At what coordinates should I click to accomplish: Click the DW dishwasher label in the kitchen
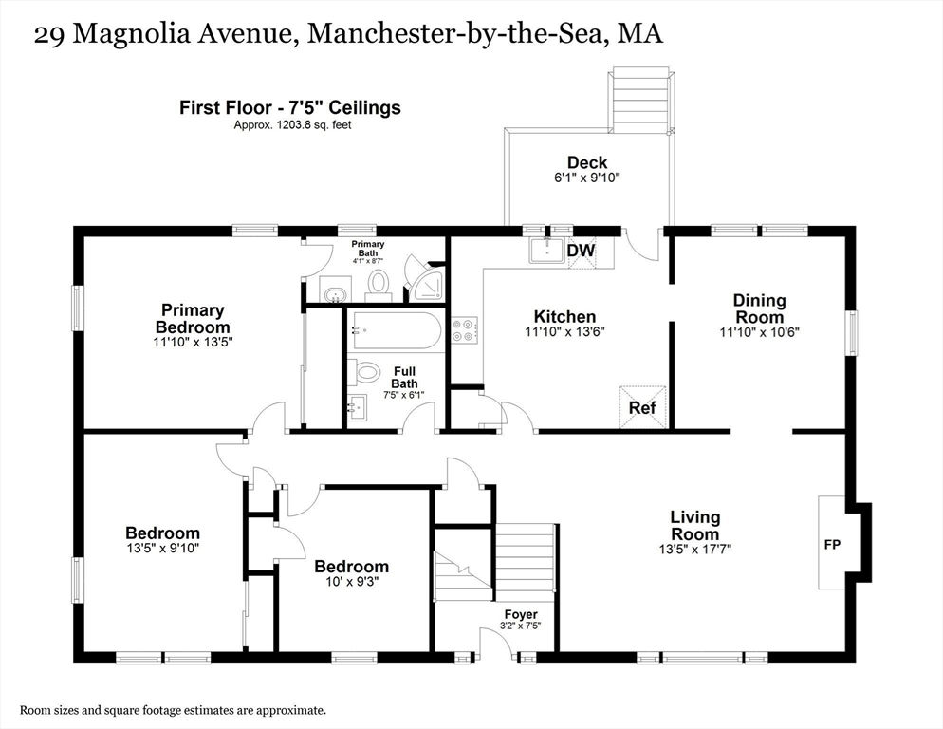[581, 250]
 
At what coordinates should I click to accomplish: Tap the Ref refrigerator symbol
[643, 407]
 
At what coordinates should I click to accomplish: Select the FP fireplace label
[832, 545]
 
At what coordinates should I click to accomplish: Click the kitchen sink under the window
[546, 251]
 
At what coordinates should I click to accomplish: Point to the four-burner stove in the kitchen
[465, 330]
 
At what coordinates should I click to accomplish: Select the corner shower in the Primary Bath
[426, 279]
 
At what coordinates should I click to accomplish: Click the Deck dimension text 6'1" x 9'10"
[587, 178]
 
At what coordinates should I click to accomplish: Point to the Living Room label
[695, 526]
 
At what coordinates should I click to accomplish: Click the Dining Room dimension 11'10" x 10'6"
[760, 331]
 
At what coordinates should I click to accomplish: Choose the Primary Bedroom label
[193, 318]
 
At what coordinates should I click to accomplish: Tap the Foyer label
[521, 615]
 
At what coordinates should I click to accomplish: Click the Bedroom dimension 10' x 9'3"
[352, 582]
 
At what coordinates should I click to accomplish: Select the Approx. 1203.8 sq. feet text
[292, 125]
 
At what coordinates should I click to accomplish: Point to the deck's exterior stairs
[639, 101]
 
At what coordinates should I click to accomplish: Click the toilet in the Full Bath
[365, 371]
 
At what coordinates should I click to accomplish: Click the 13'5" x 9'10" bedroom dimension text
[163, 548]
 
